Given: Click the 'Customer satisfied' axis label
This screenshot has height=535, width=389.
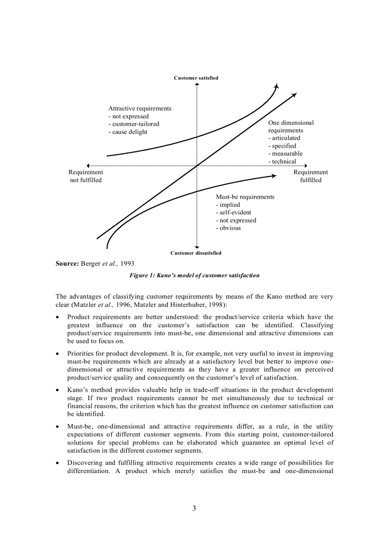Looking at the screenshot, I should click(x=196, y=78).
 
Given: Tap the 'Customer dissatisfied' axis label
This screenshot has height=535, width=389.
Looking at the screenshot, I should click(x=196, y=253).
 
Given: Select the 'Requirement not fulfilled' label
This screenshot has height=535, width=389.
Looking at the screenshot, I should click(x=86, y=176).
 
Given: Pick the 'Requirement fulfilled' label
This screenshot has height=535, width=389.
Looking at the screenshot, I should click(x=310, y=176).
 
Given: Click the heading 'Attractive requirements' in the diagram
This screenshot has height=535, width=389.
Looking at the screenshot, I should click(x=140, y=108).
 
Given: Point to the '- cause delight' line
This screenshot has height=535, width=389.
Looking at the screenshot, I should click(x=128, y=132).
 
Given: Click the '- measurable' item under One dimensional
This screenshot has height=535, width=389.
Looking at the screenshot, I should click(x=285, y=153).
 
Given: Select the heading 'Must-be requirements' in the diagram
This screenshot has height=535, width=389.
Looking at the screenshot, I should click(x=245, y=197).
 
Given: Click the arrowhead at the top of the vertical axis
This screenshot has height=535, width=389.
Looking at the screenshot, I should click(x=197, y=84).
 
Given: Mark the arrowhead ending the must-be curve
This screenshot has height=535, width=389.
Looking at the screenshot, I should click(x=274, y=176).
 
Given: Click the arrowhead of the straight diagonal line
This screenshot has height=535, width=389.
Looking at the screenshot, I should click(x=294, y=95).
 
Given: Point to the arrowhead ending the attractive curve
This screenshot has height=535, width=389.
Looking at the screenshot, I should click(x=277, y=85).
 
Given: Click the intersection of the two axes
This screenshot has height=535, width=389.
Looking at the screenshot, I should click(x=197, y=166).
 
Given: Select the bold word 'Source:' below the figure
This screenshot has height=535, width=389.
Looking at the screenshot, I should click(x=67, y=263).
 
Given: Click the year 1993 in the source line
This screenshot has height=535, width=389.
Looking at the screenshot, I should click(x=127, y=263).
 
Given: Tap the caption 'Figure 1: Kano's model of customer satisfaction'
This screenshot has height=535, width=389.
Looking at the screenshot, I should click(x=194, y=275).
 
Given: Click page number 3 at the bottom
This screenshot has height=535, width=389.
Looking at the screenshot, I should click(x=194, y=508).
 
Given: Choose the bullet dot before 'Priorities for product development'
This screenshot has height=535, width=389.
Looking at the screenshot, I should click(x=58, y=354).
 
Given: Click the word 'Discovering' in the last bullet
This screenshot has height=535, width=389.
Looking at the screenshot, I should click(x=85, y=463).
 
